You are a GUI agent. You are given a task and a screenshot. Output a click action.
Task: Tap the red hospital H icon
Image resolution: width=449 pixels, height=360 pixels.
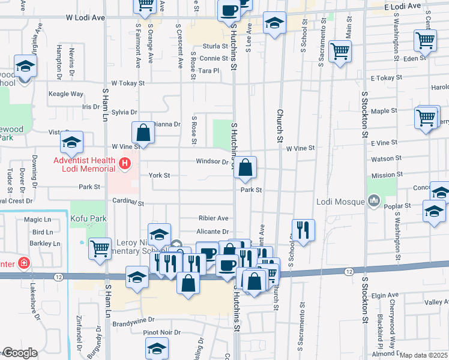(125, 163)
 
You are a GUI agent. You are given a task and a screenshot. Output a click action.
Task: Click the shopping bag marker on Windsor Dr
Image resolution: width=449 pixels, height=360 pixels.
(245, 169)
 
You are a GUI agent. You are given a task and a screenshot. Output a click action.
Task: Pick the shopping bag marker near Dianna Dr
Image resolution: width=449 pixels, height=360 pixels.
(143, 133)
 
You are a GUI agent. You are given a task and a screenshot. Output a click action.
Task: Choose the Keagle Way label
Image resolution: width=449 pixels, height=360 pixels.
(66, 94)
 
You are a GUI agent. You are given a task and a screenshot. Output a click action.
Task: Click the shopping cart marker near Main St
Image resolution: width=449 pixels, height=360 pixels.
(340, 52)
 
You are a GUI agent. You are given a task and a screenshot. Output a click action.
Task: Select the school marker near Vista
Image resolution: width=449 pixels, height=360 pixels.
(71, 143)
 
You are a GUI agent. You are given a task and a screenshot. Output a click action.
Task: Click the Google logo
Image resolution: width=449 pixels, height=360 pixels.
(19, 353)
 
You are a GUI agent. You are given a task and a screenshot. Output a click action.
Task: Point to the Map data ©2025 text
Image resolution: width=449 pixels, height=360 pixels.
(423, 355)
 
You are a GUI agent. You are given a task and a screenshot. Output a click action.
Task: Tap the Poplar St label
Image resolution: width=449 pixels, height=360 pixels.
(399, 205)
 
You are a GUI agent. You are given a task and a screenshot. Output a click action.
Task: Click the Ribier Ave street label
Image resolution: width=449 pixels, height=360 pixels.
(214, 218)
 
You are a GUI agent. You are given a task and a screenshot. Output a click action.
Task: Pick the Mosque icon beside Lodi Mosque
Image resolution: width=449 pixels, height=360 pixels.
(373, 199)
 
